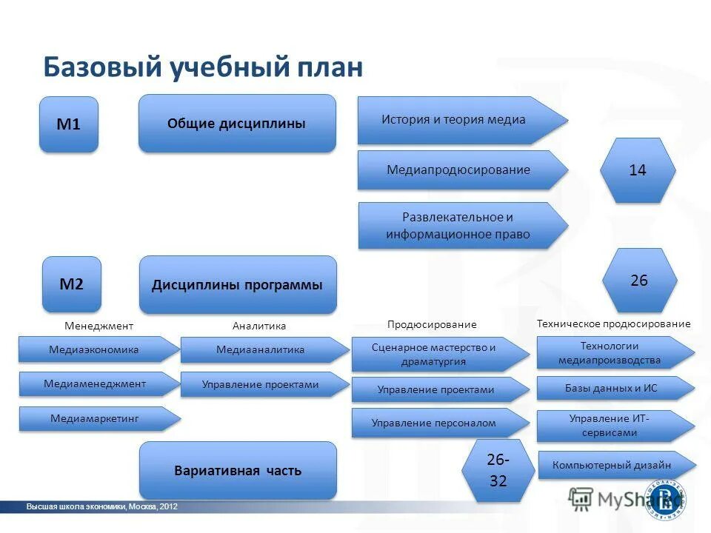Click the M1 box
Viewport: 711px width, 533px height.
69,124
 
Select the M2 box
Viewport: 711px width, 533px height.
71,284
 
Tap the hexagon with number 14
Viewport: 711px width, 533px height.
637,170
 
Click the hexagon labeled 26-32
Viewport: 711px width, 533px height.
498,470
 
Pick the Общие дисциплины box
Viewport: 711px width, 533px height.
237,123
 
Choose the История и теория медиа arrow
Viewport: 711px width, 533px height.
454,120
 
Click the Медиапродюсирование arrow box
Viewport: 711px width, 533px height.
458,170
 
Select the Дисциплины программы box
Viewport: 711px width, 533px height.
237,284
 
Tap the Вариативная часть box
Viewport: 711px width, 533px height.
237,470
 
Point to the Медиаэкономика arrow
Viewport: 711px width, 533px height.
95,349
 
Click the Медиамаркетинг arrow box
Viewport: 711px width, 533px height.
95,419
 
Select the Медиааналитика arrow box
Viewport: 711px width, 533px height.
261,349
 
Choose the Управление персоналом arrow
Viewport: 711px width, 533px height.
435,423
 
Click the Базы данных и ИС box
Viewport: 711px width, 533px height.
610,387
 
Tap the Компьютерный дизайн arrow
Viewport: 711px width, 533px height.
612,465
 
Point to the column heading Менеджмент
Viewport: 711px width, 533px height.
99,326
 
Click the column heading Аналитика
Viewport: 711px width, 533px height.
258,326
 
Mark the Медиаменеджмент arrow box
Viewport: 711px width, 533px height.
95,383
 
